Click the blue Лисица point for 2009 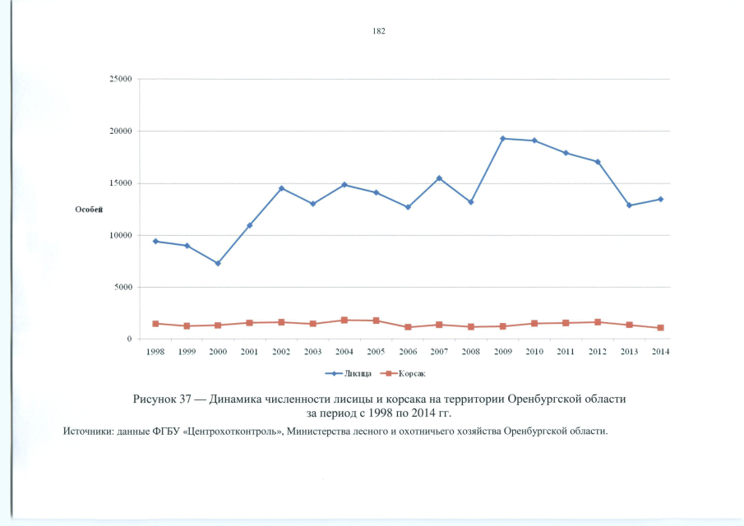pyautogui.click(x=503, y=138)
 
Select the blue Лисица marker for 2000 pyautogui.click(x=218, y=263)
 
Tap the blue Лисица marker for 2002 pyautogui.click(x=281, y=188)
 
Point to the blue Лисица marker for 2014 pyautogui.click(x=660, y=199)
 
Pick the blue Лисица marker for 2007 pyautogui.click(x=439, y=178)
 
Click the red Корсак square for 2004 pyautogui.click(x=344, y=320)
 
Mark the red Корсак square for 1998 pyautogui.click(x=155, y=324)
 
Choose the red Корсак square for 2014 pyautogui.click(x=660, y=328)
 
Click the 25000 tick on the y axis pyautogui.click(x=122, y=80)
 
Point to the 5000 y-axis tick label pyautogui.click(x=124, y=288)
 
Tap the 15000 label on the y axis pyautogui.click(x=122, y=183)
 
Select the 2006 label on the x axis pyautogui.click(x=408, y=352)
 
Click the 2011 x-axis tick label pyautogui.click(x=566, y=352)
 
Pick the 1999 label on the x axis pyautogui.click(x=187, y=352)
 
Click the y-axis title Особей pyautogui.click(x=90, y=210)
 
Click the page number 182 pyautogui.click(x=379, y=31)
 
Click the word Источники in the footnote pyautogui.click(x=88, y=431)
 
